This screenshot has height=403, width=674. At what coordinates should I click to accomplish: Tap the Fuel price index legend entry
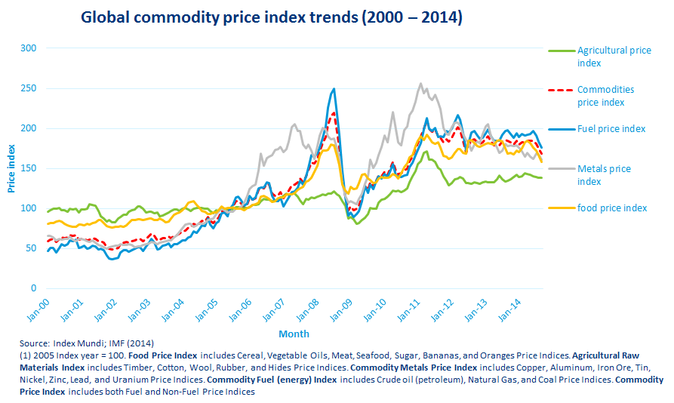[611, 129]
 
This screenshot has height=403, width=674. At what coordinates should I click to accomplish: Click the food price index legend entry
[611, 208]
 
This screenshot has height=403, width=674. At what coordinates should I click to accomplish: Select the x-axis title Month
[294, 334]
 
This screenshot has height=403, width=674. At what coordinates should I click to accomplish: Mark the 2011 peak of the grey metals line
[420, 84]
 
